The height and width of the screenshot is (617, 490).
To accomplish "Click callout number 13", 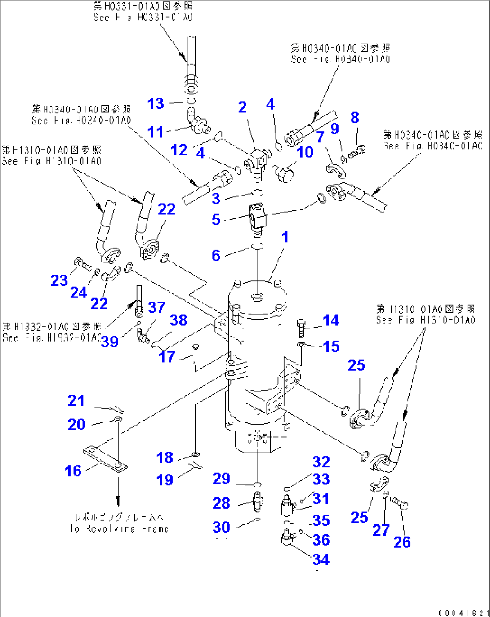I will coord(156,103).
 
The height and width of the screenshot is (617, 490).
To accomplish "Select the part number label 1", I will coord(285,237).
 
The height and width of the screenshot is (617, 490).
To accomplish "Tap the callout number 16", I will coord(73,471).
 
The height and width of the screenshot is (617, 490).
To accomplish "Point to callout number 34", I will coord(321,559).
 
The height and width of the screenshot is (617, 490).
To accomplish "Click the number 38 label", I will coord(178,320).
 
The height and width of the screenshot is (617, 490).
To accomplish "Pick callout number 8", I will coord(355,118).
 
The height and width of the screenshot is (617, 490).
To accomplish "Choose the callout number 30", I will coord(221,527).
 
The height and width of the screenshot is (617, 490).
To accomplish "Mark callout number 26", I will coord(402,542).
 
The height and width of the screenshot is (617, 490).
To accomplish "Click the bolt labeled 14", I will coord(301,328).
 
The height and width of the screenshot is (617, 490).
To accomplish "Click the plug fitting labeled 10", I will coord(282,173).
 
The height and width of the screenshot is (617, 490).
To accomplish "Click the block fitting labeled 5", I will coord(257,216).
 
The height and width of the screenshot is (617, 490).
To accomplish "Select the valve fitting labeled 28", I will coord(257,501).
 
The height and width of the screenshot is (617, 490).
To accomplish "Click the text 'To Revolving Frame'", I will coord(119,529).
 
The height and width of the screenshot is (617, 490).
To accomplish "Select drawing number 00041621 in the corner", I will coord(463,613).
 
